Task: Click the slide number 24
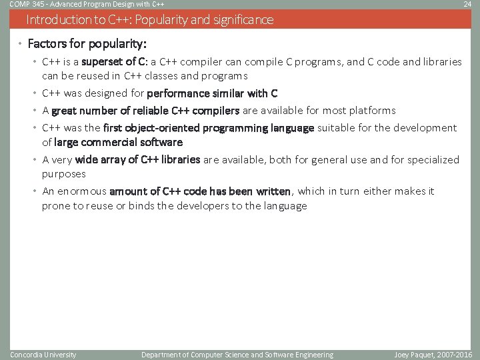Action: [467, 5]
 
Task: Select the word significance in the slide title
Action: [241, 20]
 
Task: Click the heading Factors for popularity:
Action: [87, 45]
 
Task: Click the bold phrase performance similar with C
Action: [212, 93]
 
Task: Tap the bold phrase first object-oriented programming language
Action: [209, 128]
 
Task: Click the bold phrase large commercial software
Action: [118, 142]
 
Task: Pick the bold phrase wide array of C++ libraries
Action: [138, 160]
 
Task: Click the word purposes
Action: [64, 174]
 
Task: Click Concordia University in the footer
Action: [43, 355]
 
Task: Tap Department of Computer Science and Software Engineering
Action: [237, 355]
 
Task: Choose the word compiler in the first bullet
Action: [199, 62]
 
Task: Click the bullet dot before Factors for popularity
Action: [21, 45]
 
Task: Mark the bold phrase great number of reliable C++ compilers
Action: [145, 111]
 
